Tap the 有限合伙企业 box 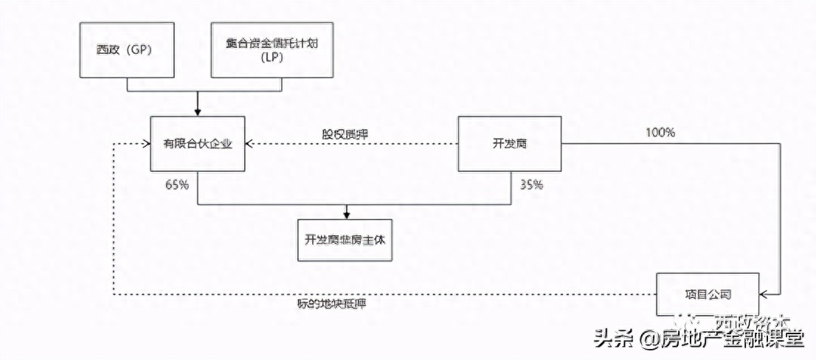pyautogui.click(x=197, y=143)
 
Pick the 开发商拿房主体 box pyautogui.click(x=344, y=240)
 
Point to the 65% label pyautogui.click(x=177, y=184)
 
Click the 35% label pyautogui.click(x=531, y=184)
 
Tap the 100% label pyautogui.click(x=660, y=134)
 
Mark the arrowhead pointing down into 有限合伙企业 pyautogui.click(x=197, y=112)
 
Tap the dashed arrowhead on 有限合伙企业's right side pyautogui.click(x=249, y=144)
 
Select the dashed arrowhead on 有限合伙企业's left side pyautogui.click(x=146, y=144)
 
